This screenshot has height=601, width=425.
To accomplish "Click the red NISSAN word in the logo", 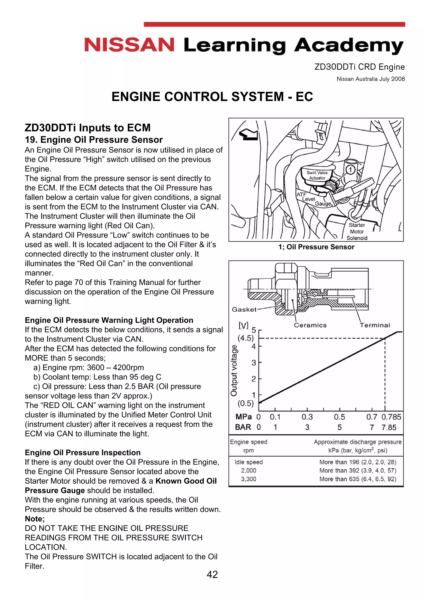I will [x=129, y=45].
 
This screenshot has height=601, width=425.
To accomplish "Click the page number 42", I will [x=212, y=574].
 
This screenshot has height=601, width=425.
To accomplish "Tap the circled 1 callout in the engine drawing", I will [x=350, y=170].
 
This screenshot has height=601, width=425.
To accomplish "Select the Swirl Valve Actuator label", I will [x=317, y=175].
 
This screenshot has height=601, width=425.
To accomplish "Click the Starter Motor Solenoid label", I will [x=357, y=231].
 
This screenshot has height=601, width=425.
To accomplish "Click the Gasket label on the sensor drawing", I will [x=244, y=309].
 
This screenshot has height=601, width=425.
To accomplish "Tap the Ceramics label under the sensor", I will [x=310, y=325].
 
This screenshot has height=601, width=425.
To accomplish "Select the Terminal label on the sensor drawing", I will [x=375, y=325].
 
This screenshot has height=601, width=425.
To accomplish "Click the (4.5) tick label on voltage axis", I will [x=246, y=338].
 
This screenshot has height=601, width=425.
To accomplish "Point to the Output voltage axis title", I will [x=234, y=370].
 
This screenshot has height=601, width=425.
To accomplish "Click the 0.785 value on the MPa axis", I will [x=391, y=417].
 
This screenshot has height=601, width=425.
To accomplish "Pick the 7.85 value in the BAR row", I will [x=389, y=427].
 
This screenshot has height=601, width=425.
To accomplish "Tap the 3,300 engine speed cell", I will [x=249, y=479].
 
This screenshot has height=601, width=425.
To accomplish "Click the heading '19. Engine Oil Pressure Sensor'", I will [x=94, y=140].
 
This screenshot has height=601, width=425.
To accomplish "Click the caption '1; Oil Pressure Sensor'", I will [x=316, y=247].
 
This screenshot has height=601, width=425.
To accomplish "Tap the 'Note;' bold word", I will [x=35, y=519].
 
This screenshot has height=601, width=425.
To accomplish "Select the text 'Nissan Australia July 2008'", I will [x=371, y=79].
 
